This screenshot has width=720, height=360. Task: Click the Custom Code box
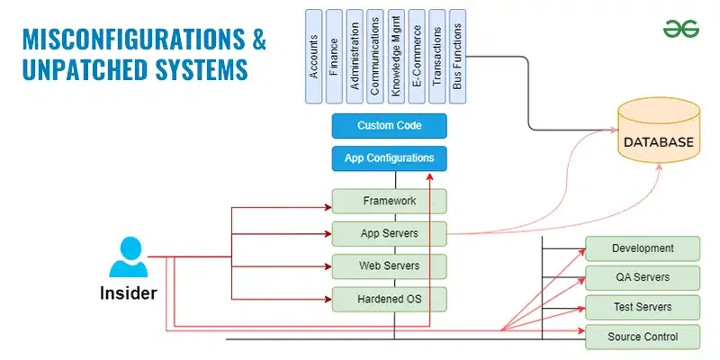coord(389,126)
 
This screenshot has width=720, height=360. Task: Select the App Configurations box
coord(389,158)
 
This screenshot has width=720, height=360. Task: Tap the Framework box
coord(389,202)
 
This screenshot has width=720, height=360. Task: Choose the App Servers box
coord(389,234)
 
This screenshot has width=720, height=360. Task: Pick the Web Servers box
coord(389,266)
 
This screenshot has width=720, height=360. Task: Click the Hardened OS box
coord(389,299)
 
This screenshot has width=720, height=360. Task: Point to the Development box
coord(643,248)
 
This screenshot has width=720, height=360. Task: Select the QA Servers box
coord(643,277)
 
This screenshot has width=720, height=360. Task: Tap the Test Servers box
coord(643,307)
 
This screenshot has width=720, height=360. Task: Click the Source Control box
coord(643,337)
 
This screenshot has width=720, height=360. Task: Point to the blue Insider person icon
coord(128,257)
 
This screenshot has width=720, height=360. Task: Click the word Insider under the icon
coord(128,293)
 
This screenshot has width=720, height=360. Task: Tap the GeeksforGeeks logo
coord(681,28)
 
